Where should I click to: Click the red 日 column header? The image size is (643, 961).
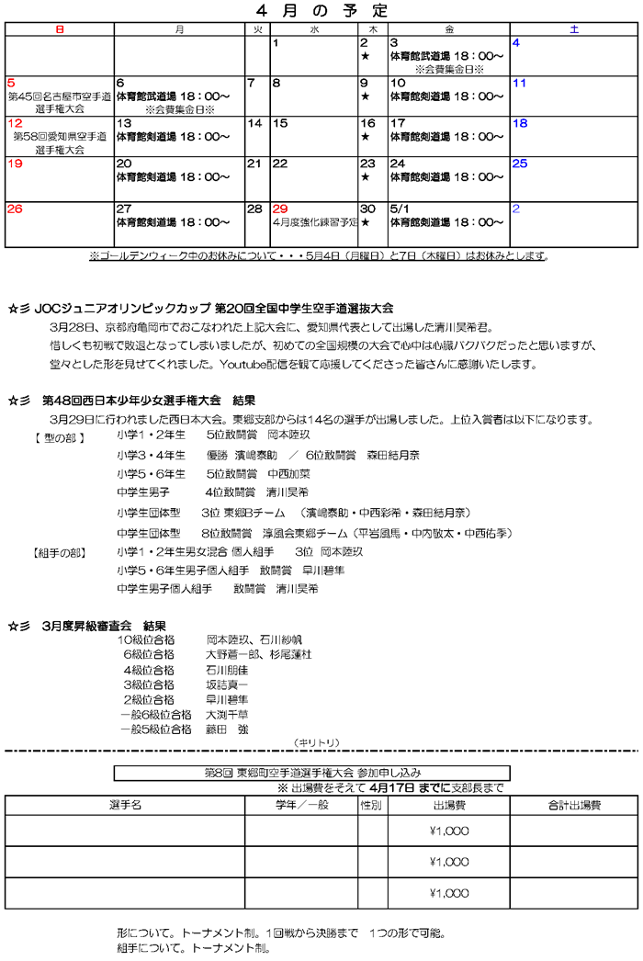pos(59,29)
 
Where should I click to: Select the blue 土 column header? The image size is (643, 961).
pos(574,29)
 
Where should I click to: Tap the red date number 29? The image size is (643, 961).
pos(280,209)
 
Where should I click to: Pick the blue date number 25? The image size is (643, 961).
pos(520,164)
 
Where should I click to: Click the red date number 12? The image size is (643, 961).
pos(15,123)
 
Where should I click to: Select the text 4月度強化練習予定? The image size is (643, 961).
pos(315,222)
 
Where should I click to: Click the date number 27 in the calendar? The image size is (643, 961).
pos(124,209)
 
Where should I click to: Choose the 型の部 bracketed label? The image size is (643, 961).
pos(60,437)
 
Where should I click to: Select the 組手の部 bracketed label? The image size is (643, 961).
pos(60,552)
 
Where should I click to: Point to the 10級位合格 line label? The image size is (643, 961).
pos(146,639)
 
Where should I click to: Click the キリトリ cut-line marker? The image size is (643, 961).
pos(316,741)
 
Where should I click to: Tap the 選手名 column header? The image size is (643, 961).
pos(124,805)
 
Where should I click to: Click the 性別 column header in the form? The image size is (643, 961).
pos(372,805)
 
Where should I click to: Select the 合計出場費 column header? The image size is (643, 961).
pos(574,805)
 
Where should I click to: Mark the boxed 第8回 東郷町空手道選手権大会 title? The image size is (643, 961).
pos(311,773)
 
